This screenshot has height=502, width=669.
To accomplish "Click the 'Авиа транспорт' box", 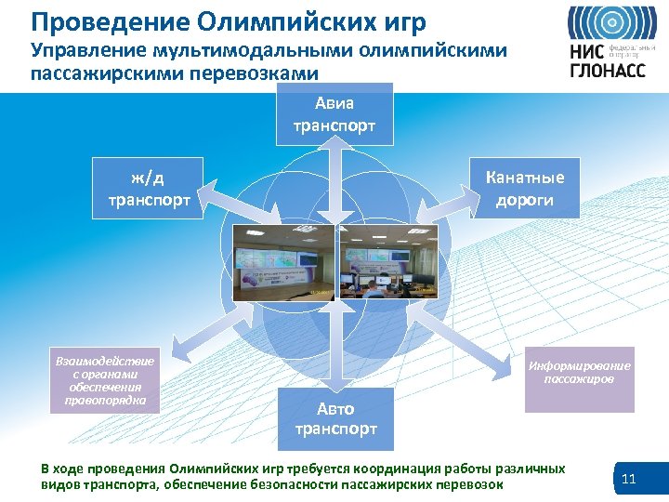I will [x=334, y=114].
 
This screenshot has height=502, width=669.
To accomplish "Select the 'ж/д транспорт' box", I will [x=148, y=188].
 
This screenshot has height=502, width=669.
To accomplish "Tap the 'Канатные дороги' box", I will [x=525, y=188].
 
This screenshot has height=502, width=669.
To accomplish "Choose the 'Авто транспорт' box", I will [x=335, y=418].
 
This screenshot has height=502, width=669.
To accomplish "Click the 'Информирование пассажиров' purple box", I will [x=579, y=373].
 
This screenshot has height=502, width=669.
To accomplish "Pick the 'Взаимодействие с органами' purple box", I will [x=104, y=380].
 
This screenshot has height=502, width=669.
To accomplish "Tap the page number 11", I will [x=628, y=480].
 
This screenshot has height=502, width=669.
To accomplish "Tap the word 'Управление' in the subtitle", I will [x=81, y=50].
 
